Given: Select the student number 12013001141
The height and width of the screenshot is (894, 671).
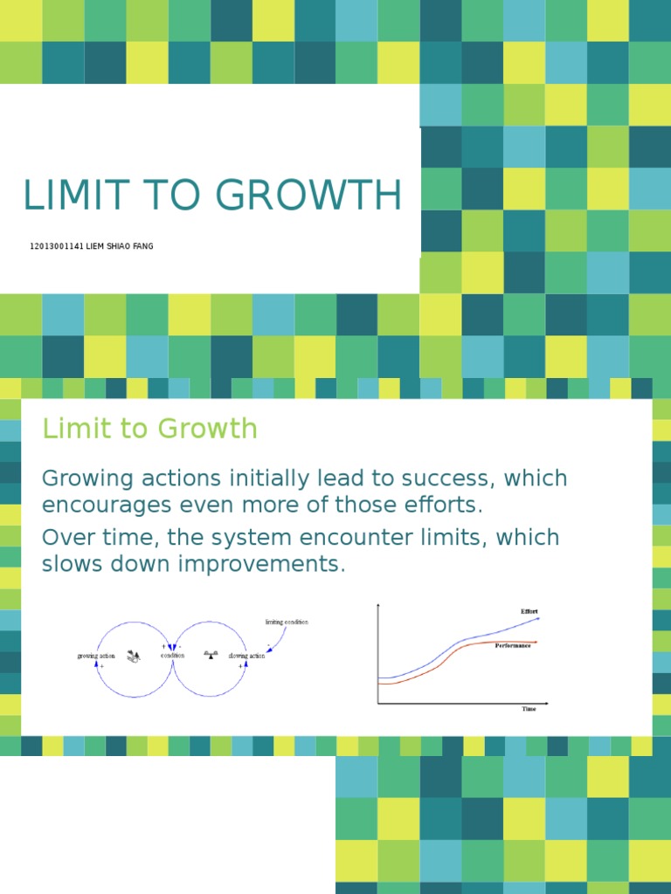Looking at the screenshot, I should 56,246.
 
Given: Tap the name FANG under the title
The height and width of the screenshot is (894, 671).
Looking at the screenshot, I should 142,246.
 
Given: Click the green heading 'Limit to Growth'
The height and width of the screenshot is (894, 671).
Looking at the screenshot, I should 149,429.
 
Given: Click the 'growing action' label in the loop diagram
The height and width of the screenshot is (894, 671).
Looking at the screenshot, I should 96,656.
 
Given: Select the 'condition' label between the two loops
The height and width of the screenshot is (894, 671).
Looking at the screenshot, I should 172,656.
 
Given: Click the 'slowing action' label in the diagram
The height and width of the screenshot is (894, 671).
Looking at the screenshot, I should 246,656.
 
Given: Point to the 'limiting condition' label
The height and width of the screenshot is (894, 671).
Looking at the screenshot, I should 287,622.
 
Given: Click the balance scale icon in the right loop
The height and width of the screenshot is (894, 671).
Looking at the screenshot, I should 210,653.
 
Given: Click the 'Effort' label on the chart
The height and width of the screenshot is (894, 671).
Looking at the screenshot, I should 529,611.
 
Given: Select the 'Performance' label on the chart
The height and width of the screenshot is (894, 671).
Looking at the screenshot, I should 513,646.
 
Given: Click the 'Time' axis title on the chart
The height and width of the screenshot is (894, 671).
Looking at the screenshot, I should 529,709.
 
